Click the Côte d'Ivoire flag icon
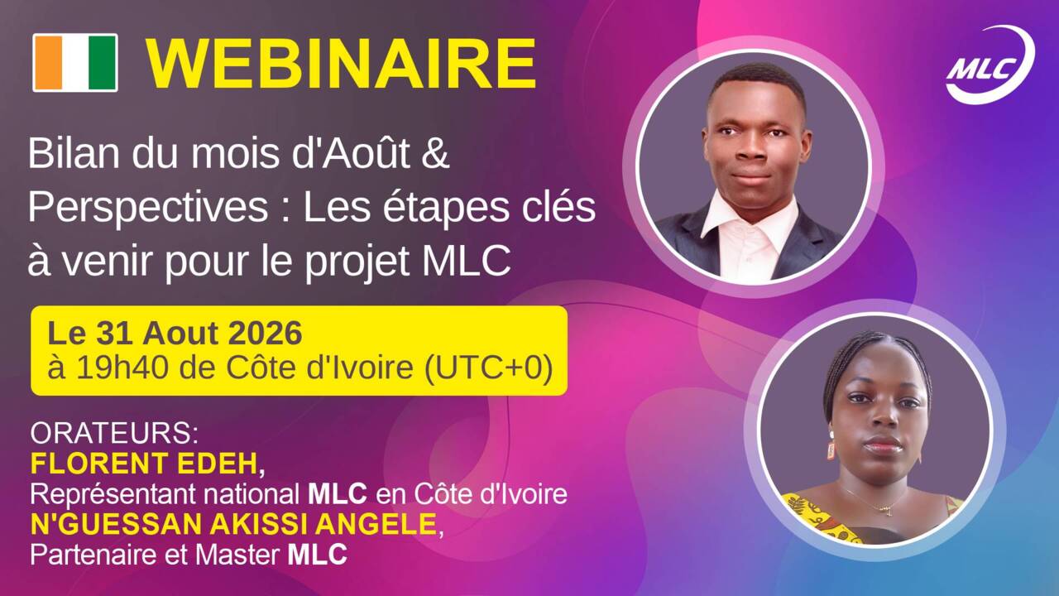click(75, 62)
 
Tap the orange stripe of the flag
click(48, 62)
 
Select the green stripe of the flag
click(103, 62)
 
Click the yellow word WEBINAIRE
click(341, 65)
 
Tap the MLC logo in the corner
click(990, 65)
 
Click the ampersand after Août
click(434, 154)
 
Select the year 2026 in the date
click(266, 333)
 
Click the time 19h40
click(122, 368)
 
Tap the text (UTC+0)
click(488, 368)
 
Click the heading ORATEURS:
click(114, 433)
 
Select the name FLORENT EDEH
click(144, 464)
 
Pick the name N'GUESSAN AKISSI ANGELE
click(233, 524)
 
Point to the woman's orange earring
click(831, 450)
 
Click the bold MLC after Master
click(317, 555)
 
